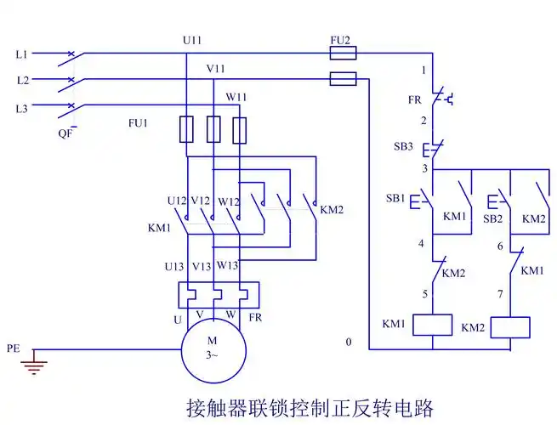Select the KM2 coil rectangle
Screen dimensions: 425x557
(x=510, y=327)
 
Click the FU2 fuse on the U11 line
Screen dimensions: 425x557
(x=343, y=53)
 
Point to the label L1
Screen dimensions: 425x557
(x=22, y=54)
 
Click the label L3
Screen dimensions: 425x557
(x=22, y=109)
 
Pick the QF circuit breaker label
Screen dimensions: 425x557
(x=65, y=133)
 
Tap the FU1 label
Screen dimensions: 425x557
(x=138, y=123)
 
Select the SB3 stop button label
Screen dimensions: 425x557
(x=404, y=146)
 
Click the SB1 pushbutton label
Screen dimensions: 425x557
(x=395, y=198)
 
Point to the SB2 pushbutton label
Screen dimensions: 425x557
(x=492, y=218)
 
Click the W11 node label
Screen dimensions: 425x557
(x=236, y=96)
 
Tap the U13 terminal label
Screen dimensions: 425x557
(x=174, y=266)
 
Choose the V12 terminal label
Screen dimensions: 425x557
(x=201, y=201)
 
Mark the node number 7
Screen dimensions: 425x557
(x=500, y=293)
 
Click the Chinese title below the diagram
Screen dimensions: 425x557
(x=310, y=407)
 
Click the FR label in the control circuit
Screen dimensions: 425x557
(x=414, y=99)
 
